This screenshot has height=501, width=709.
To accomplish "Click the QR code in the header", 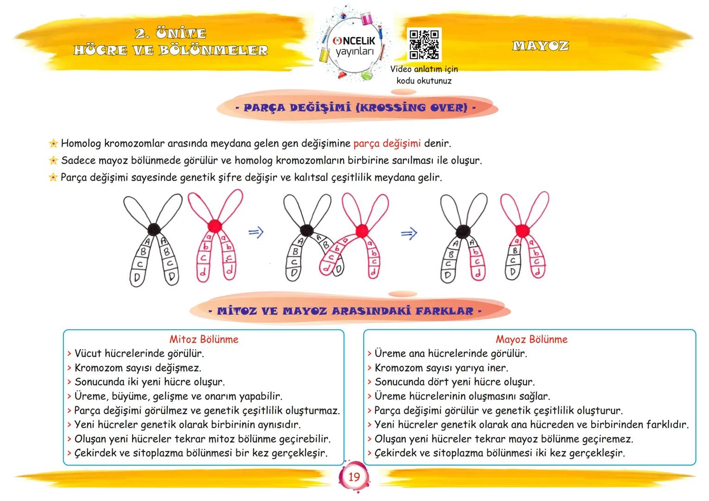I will [424, 45].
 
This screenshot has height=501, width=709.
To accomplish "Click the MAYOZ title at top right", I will [540, 46].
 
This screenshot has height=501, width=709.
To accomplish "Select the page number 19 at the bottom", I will [354, 477].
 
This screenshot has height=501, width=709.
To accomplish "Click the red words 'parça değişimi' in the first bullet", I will [387, 143].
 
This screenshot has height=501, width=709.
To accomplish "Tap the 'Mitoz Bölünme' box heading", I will [204, 339].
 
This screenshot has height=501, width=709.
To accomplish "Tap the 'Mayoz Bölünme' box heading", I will [532, 339].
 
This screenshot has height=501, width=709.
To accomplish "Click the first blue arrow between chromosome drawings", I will [256, 232].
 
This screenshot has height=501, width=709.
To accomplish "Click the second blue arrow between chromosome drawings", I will [409, 233].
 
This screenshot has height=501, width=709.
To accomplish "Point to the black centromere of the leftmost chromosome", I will [154, 228].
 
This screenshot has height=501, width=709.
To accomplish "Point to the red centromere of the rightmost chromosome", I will [522, 230].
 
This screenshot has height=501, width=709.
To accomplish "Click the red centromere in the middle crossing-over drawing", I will [361, 230].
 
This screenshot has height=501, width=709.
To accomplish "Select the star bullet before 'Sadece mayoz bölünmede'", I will [53, 161].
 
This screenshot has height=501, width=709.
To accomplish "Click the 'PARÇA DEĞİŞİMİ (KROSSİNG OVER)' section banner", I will [355, 108].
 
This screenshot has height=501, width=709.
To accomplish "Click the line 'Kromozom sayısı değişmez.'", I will [138, 368].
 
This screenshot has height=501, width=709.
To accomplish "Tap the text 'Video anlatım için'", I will [424, 69].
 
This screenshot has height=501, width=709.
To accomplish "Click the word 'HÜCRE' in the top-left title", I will [95, 50].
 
